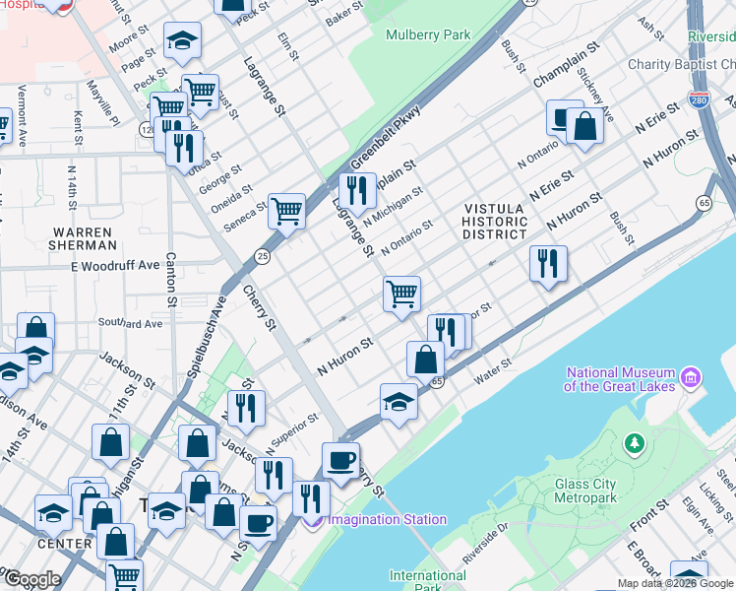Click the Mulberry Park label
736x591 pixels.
(x=428, y=34)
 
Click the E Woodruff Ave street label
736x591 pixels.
(x=114, y=266)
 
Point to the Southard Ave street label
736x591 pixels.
(x=130, y=323)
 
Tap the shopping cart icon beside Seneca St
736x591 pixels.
(x=286, y=209)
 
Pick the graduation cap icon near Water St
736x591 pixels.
(x=399, y=401)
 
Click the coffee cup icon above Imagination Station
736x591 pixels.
(x=340, y=460)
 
